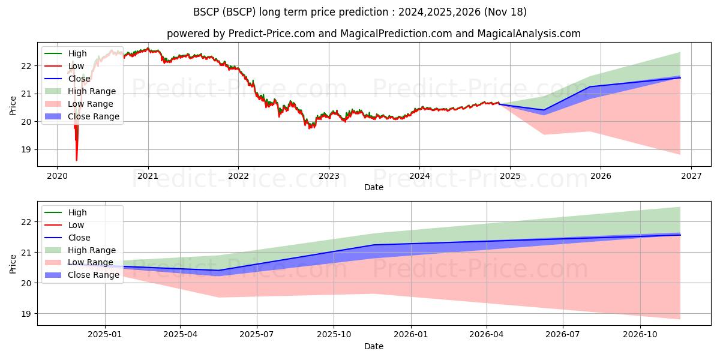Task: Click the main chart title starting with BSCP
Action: coord(360,12)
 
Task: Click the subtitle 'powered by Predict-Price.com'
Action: coord(240,34)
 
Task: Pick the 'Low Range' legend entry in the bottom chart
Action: coord(90,262)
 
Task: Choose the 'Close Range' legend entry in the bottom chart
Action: coord(93,275)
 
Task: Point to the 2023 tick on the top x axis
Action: coord(329,176)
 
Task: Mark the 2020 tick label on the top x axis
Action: coord(57,176)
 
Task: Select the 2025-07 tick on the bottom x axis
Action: coord(257,335)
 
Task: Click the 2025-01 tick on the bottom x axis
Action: coord(106,335)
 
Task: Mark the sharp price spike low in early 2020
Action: coord(76,160)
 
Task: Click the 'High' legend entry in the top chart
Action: coord(77,53)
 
